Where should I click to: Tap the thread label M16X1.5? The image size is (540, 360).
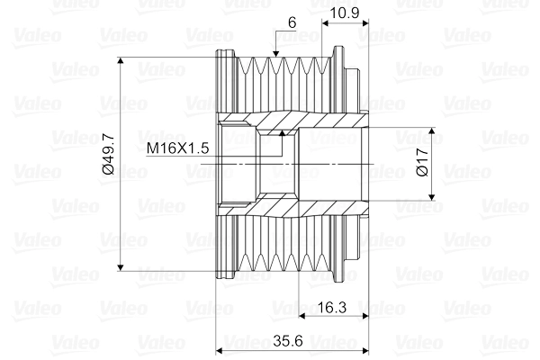click(x=177, y=147)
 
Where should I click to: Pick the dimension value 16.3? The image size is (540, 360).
click(x=333, y=308)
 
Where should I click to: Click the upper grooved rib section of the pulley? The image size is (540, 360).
click(x=279, y=81)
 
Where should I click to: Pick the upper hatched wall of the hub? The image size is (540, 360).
click(x=306, y=121)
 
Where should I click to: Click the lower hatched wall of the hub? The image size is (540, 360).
click(x=306, y=208)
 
